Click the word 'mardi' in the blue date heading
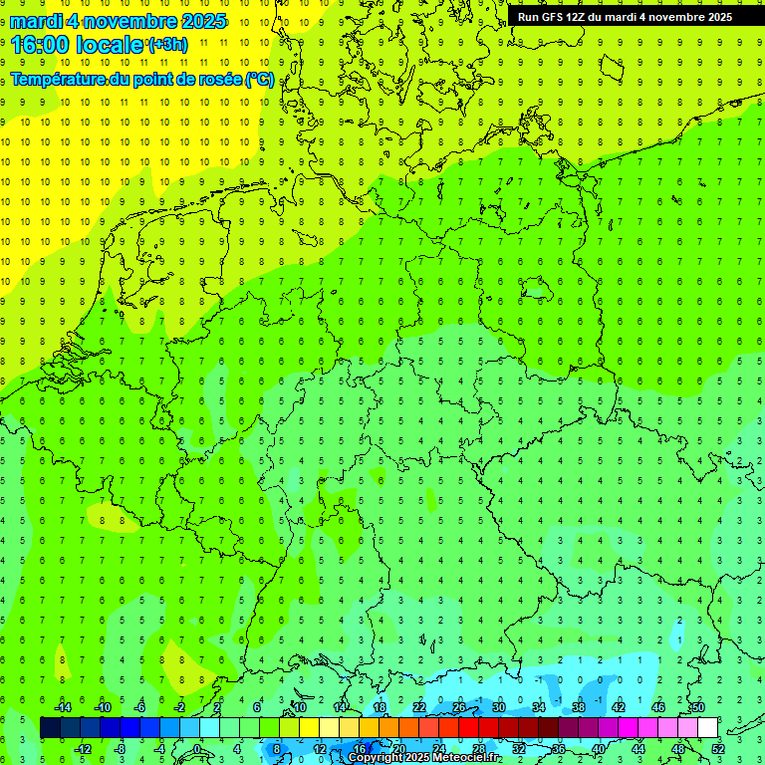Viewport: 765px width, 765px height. click(x=37, y=21)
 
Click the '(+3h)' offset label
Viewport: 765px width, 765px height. click(x=166, y=45)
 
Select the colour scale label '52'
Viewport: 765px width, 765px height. click(x=718, y=748)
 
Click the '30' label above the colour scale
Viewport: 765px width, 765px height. click(x=499, y=707)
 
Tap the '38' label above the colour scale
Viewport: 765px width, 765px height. click(x=579, y=707)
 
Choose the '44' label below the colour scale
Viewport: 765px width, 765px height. click(x=638, y=748)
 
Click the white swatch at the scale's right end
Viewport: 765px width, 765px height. click(x=708, y=727)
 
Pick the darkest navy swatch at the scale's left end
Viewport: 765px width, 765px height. click(x=50, y=727)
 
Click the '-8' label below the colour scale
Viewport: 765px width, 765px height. click(x=121, y=748)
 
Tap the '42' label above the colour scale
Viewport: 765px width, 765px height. click(x=619, y=707)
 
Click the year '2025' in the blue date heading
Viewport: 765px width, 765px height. click(x=199, y=21)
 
